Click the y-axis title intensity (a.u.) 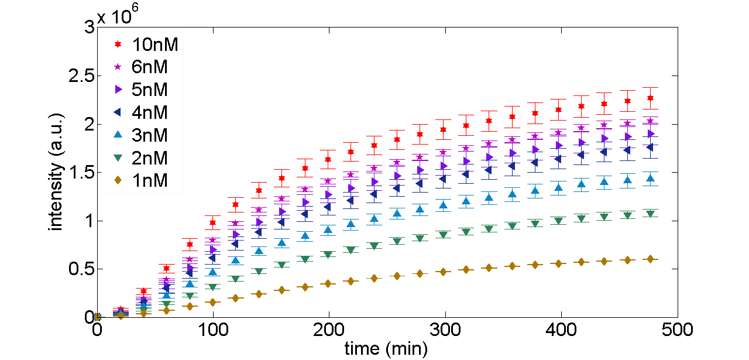[56, 173]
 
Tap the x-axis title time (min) [386, 349]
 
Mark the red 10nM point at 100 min [213, 223]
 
